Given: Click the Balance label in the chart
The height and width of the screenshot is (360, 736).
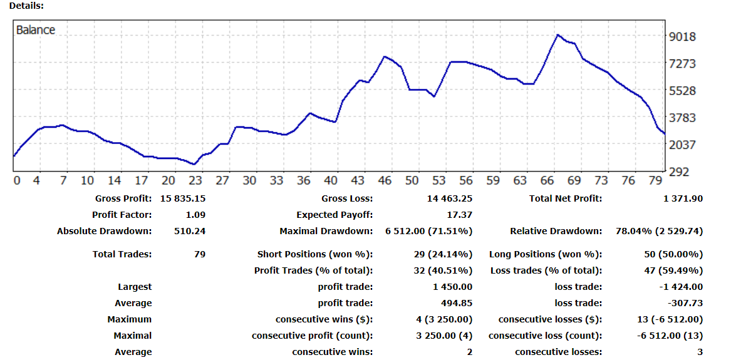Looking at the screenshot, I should click(36, 30).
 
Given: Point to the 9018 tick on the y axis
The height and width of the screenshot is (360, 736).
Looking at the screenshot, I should click(683, 36).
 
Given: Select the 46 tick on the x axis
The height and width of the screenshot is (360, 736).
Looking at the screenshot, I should click(385, 180).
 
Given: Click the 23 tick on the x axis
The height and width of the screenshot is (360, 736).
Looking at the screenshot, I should click(195, 180).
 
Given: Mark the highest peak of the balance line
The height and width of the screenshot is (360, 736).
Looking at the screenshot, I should click(557, 35).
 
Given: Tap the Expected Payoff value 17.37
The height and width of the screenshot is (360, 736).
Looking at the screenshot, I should click(459, 215).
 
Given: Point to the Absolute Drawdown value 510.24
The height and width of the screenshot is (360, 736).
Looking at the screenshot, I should click(190, 231).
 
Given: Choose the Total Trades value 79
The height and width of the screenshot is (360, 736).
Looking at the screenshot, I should click(200, 254).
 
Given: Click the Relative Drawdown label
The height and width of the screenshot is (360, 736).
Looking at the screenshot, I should click(556, 231).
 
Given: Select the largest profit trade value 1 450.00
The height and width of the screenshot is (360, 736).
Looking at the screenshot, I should click(452, 287).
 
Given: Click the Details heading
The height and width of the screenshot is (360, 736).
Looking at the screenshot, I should click(26, 5).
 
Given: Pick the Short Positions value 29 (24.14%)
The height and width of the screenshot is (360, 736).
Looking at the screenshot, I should click(443, 254).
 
